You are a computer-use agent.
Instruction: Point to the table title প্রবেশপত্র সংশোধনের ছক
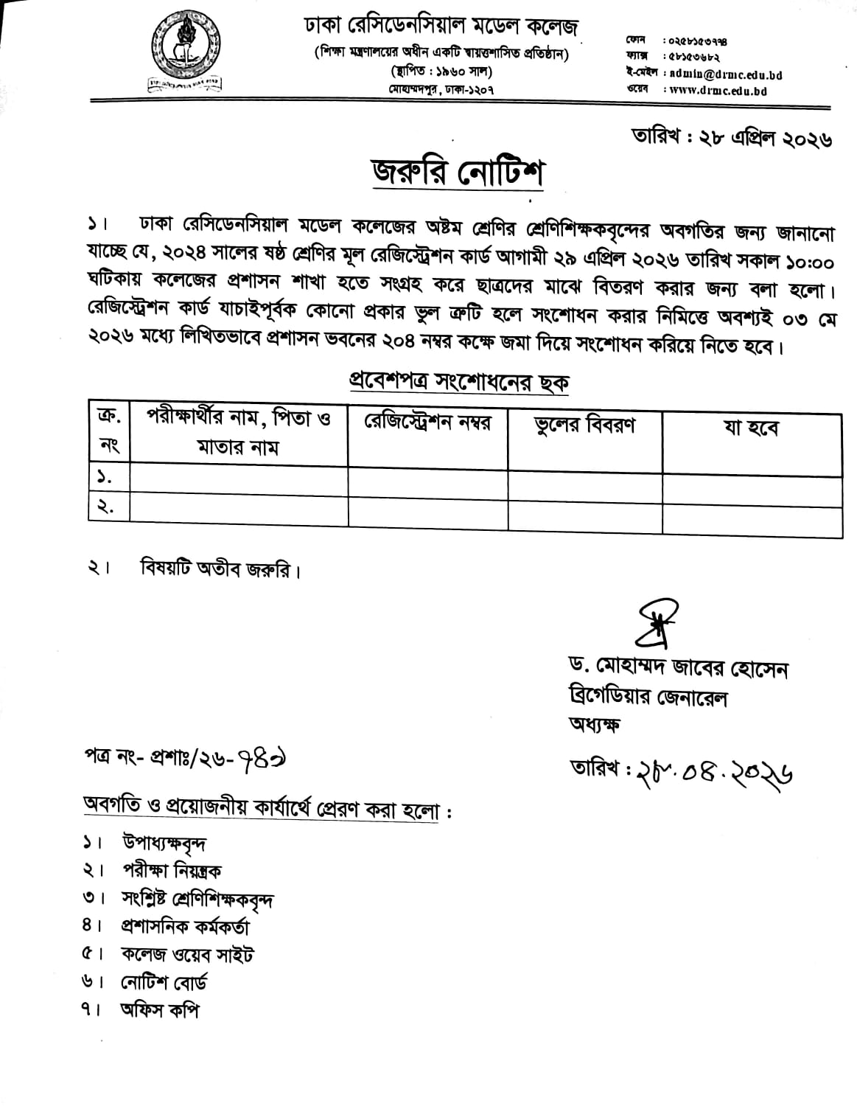(458, 383)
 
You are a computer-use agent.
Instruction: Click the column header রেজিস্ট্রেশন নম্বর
(427, 423)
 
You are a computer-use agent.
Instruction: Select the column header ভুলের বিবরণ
(584, 425)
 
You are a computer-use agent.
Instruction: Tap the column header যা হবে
(751, 428)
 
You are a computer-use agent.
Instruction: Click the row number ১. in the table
(105, 478)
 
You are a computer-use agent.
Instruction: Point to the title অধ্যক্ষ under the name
(593, 724)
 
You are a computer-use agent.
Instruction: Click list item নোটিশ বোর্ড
(164, 982)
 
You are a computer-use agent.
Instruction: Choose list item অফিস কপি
(159, 1010)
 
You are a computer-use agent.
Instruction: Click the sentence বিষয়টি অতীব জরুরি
(220, 569)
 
